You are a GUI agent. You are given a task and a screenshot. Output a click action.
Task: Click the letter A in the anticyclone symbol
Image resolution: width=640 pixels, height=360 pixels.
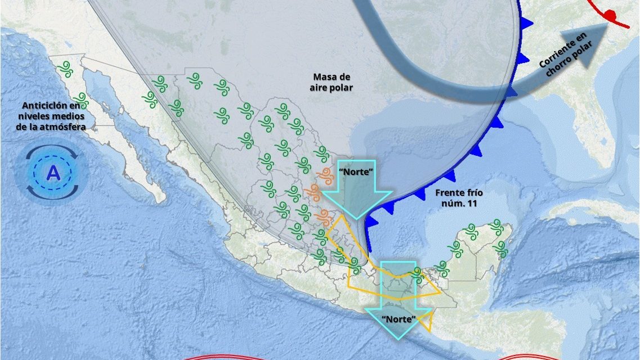53,173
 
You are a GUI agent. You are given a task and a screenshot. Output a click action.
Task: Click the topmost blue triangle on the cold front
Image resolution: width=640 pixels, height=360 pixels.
526,23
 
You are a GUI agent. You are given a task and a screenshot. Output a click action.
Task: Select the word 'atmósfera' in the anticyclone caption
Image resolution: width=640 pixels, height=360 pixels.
66,127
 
